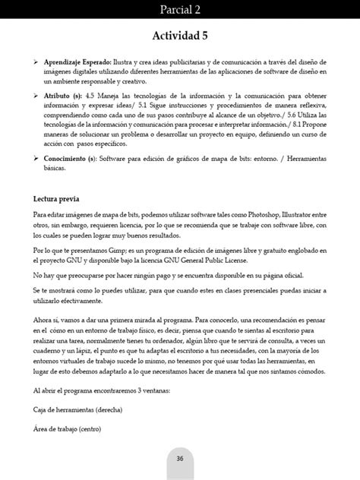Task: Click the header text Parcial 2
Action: (179, 9)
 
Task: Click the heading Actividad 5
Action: (179, 35)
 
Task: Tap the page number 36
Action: (180, 458)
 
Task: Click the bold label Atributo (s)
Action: (63, 95)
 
